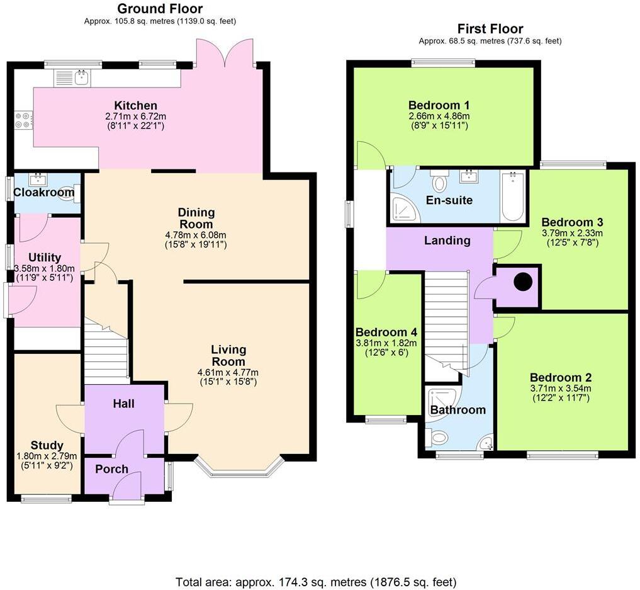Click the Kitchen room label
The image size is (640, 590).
coord(135,105)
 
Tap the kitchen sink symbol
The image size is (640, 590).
coord(81,78)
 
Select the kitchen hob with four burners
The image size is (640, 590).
coord(23,120)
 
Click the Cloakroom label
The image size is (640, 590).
coord(44,192)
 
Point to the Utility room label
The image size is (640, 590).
coord(45,257)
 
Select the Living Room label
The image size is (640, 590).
coord(228,355)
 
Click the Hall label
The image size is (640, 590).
coord(124,404)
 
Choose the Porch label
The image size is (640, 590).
coord(112,469)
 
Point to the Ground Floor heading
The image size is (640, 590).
coord(160,9)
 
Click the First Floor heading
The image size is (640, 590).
coord(490,29)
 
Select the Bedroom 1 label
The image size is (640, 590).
coord(439,105)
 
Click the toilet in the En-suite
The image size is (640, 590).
coord(439,182)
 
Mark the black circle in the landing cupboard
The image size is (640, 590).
coord(522,282)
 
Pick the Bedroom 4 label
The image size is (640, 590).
coord(386,332)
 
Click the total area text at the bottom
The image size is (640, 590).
coord(320,581)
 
